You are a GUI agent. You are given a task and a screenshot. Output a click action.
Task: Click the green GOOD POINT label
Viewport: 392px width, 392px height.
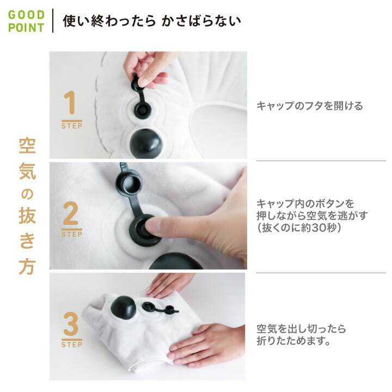coord(26,21)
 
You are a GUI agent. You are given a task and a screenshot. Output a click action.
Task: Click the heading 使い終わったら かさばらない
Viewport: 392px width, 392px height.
coord(152,21)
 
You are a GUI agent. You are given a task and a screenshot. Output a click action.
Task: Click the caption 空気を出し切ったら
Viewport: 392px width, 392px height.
coord(301,329)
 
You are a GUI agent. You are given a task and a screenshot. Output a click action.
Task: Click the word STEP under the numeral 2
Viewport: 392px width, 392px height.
coord(71,235)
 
